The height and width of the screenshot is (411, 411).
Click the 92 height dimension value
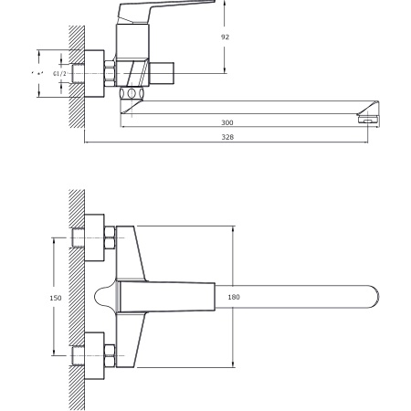[225, 37]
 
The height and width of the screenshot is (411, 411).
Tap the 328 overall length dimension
[226, 138]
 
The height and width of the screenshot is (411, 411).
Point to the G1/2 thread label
[58, 72]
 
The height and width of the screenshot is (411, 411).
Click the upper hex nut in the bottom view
[110, 238]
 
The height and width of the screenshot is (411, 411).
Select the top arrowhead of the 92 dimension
[224, 4]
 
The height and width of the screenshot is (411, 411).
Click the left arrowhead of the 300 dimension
[127, 126]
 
